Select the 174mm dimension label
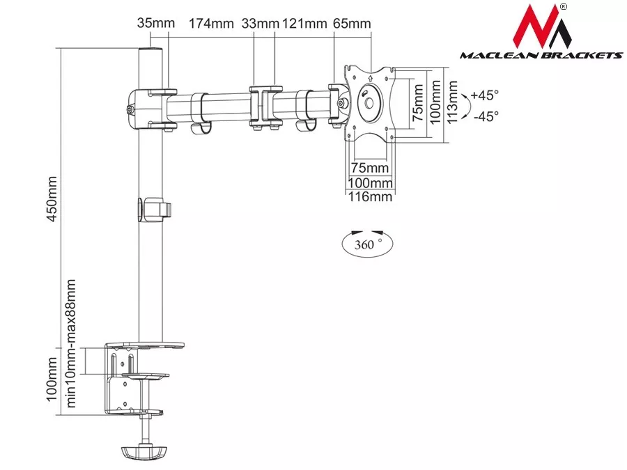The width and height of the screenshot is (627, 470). point(211,23)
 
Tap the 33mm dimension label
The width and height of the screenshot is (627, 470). point(260,23)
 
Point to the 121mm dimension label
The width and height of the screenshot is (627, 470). point(304,23)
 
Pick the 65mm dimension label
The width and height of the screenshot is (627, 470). point(352,23)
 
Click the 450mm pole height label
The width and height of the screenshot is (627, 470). point(52,199)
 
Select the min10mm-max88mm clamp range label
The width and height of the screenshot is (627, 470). point(71,343)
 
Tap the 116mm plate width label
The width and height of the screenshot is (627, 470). point(370,196)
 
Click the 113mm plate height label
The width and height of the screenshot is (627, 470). point(452,102)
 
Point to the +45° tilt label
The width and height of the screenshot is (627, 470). point(485,95)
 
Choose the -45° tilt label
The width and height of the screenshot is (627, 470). point(486,116)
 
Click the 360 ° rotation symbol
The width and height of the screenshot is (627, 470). point(367,243)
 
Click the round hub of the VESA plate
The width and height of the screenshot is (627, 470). point(369,103)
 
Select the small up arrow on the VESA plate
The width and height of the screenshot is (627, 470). point(371,78)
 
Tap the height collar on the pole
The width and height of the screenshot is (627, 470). point(155,210)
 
